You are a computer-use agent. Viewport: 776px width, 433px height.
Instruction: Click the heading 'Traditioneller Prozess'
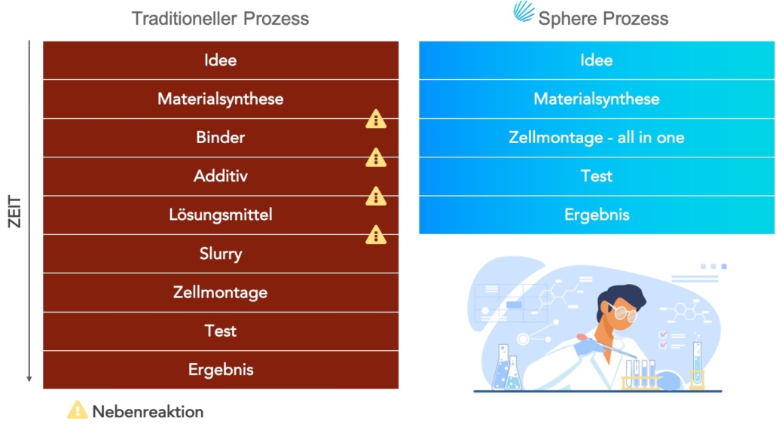[220, 19]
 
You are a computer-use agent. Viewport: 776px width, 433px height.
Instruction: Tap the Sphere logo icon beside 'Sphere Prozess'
[524, 12]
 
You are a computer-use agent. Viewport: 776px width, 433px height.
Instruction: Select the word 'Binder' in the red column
[220, 137]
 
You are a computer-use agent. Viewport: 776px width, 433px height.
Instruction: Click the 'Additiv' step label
[220, 175]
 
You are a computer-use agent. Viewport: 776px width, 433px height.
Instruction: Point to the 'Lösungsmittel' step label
[220, 215]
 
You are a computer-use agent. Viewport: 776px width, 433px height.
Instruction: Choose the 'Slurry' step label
[221, 253]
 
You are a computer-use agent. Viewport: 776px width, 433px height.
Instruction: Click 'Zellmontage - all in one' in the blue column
[597, 137]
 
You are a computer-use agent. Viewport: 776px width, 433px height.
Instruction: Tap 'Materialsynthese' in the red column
[220, 99]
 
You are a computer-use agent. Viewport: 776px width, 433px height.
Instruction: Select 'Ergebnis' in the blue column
[597, 215]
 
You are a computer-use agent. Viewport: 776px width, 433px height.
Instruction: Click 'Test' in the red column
[220, 331]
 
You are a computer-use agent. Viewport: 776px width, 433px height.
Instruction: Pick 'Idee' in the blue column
[597, 60]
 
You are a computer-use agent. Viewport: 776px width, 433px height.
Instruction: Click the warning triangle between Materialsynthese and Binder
[376, 119]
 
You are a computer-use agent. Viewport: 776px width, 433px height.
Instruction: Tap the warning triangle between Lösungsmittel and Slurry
[376, 234]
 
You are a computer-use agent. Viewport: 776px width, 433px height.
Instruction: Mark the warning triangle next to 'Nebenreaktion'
[77, 410]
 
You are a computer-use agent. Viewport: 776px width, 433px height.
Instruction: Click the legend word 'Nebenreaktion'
[148, 412]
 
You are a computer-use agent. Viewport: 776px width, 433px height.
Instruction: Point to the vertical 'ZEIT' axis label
[15, 212]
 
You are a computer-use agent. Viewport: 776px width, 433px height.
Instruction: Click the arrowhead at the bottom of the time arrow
[29, 379]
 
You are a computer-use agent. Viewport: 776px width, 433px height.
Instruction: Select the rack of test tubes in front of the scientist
[640, 374]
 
